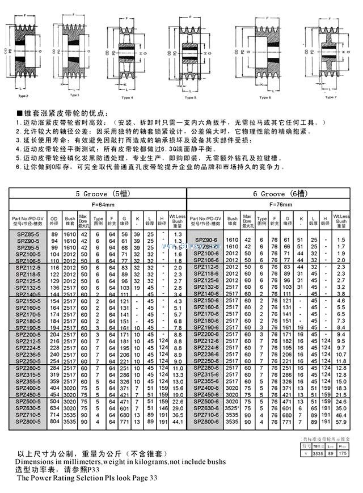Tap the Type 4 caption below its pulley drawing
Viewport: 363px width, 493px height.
(x=128, y=98)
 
